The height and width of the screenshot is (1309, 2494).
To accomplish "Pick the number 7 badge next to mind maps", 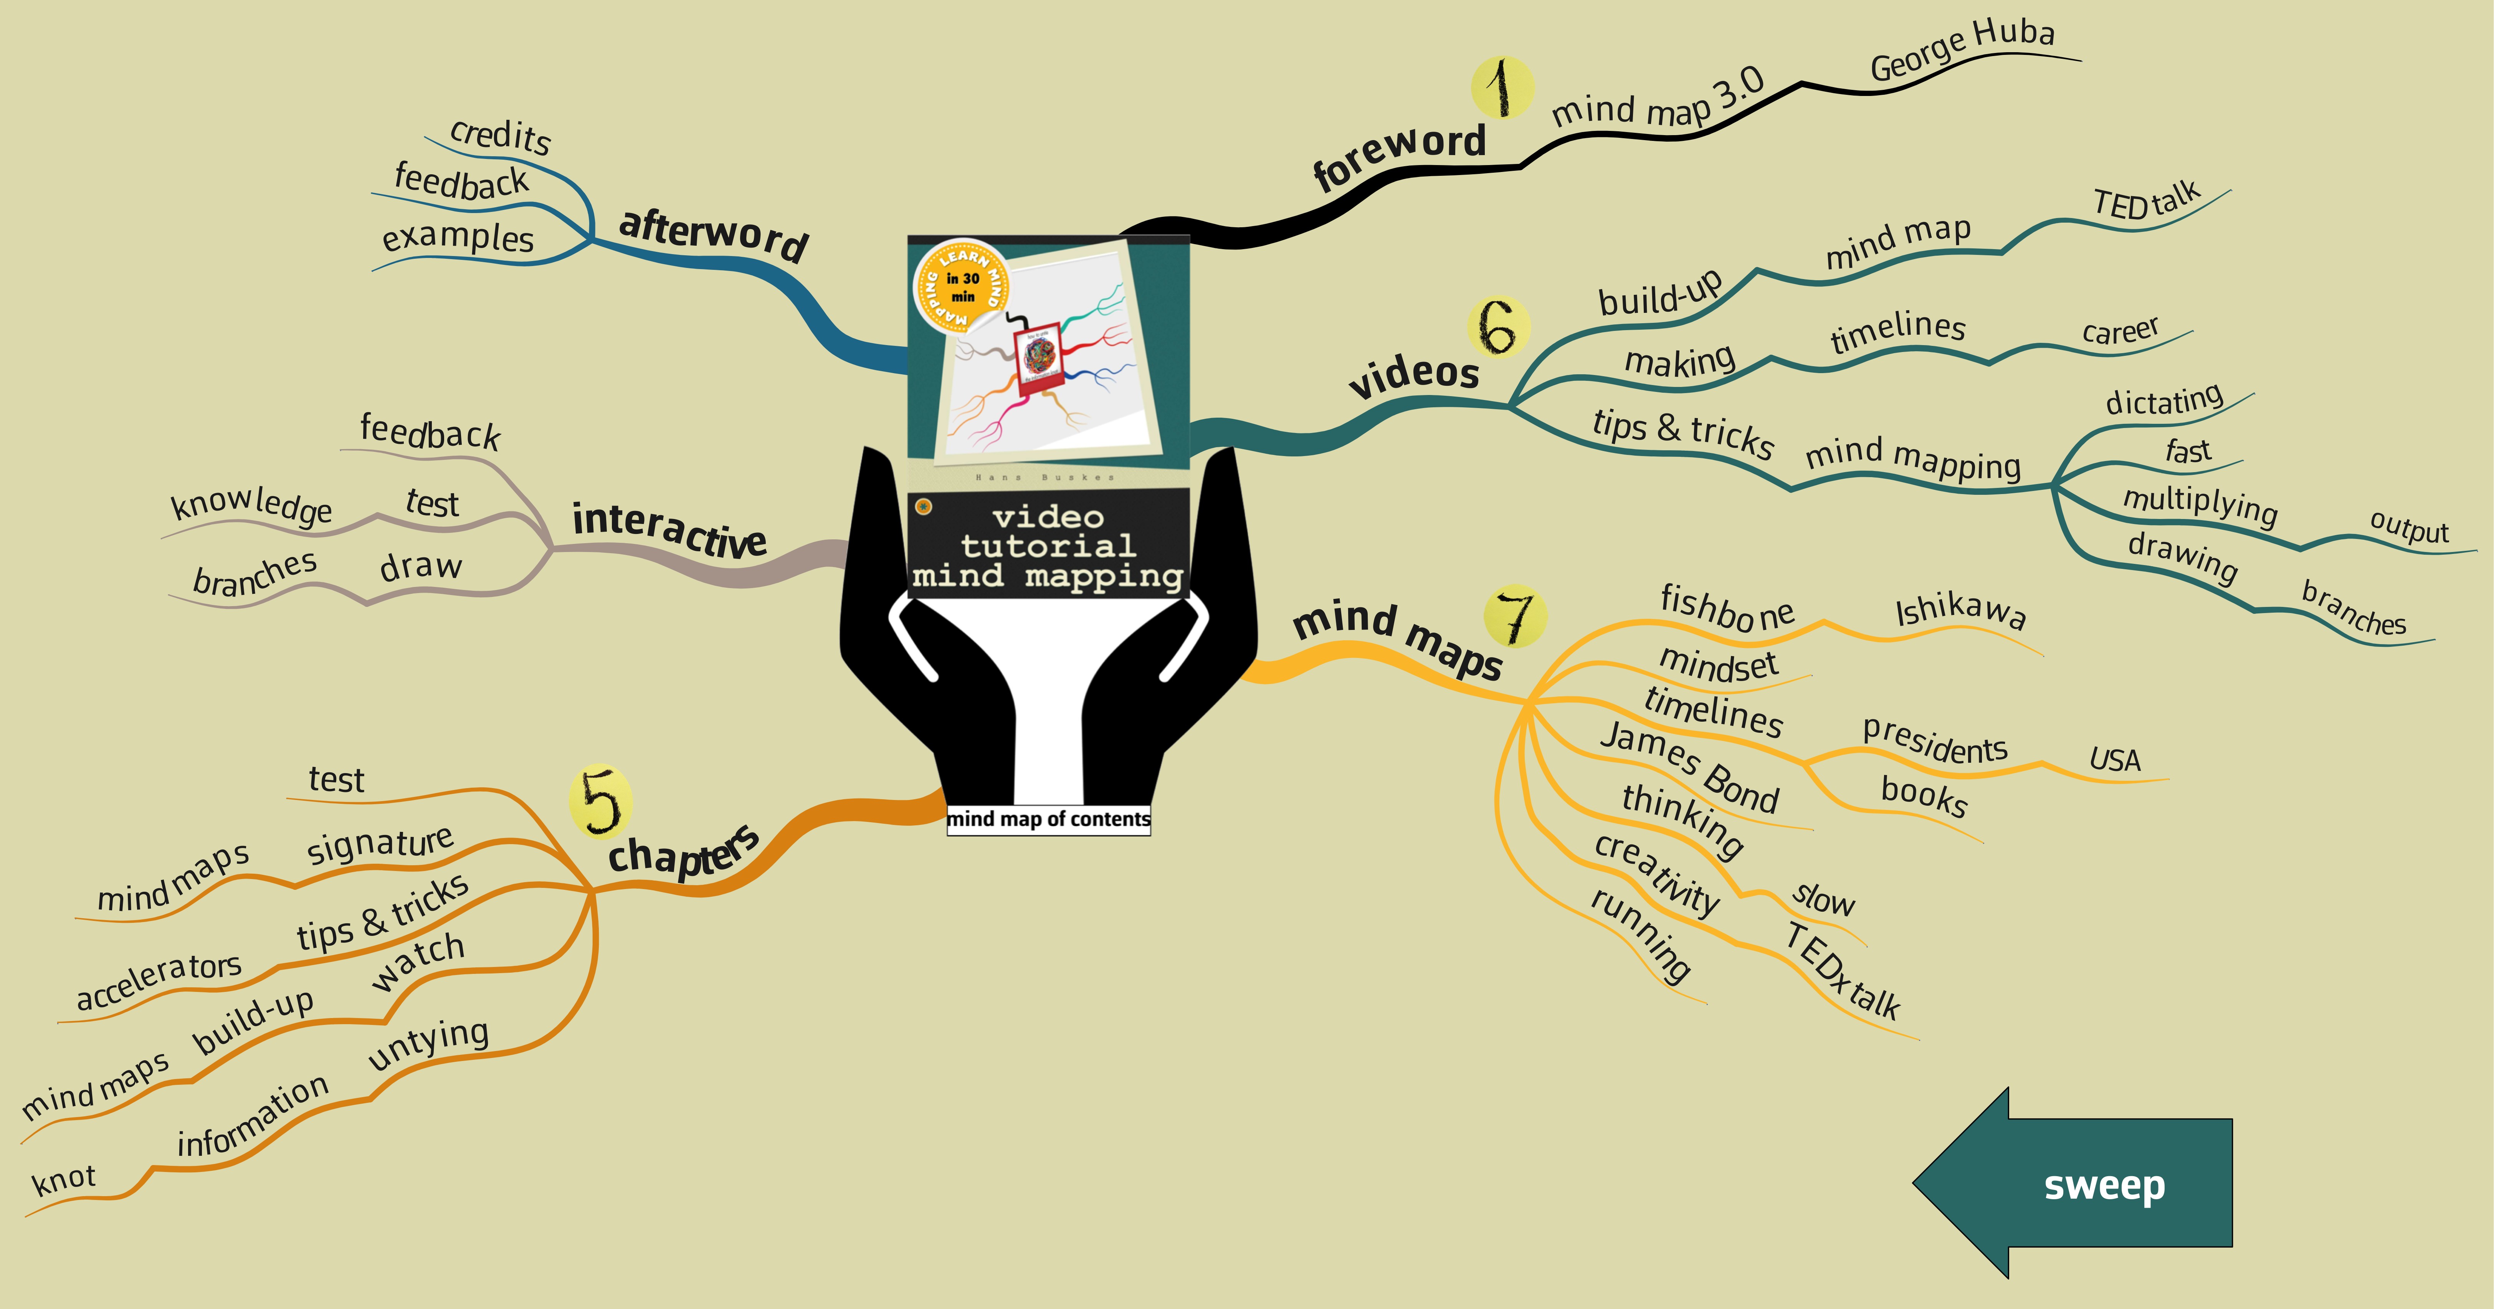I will click(1515, 616).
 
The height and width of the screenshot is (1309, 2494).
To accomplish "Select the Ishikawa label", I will click(1960, 611).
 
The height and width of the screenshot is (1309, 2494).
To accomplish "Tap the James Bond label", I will click(1689, 767).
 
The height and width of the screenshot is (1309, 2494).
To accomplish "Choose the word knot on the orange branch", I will click(64, 1179).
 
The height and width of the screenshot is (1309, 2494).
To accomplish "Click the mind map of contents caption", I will click(1048, 819).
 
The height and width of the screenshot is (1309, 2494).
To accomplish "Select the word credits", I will click(501, 136).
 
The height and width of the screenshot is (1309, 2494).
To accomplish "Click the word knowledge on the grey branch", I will click(251, 504).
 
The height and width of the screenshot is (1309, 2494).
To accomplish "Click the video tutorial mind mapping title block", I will click(1048, 545).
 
